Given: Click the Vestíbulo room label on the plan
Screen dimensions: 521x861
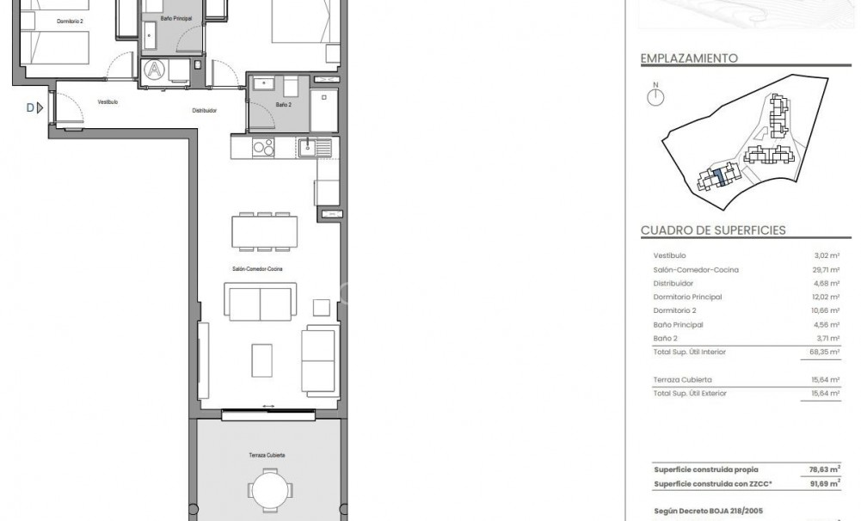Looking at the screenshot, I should (x=108, y=102).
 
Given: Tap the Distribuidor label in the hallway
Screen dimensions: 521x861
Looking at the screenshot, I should (x=204, y=111).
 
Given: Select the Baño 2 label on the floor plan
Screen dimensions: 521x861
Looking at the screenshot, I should (x=284, y=104).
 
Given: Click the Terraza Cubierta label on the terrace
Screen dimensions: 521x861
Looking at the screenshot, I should (x=268, y=455).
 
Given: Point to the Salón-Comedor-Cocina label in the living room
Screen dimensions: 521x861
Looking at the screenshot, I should (x=256, y=269).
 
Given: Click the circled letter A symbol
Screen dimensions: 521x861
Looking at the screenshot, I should (x=154, y=69).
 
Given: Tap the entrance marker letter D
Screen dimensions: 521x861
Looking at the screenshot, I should (x=30, y=107).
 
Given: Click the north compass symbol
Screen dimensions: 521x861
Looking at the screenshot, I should (x=655, y=96).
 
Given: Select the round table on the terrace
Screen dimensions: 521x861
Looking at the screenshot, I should (x=270, y=492).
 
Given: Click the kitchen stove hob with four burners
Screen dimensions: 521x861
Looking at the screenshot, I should (x=262, y=148).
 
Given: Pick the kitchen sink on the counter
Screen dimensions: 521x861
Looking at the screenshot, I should (x=309, y=148).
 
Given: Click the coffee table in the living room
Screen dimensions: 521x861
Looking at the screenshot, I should (x=262, y=359).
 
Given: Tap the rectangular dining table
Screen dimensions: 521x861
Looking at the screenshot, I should (x=264, y=231).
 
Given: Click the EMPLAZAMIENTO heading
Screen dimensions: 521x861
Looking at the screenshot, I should (x=689, y=58).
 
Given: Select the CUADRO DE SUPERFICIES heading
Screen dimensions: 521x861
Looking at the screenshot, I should (x=713, y=230).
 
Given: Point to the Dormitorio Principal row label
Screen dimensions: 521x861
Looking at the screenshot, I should (x=687, y=297).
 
